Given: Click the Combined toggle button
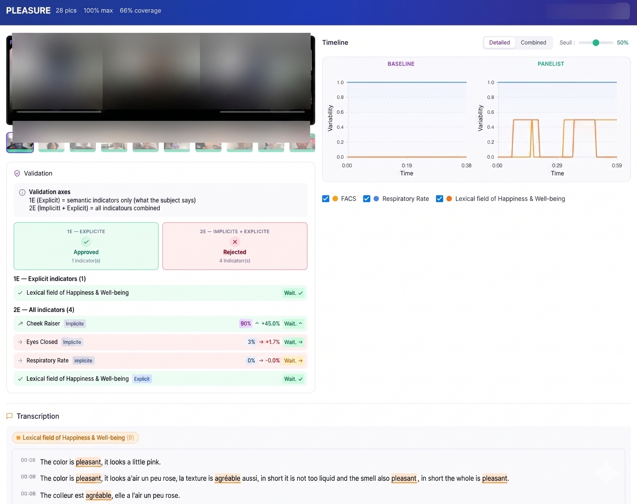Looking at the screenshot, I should pyautogui.click(x=533, y=43).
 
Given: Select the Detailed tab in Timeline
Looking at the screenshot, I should pyautogui.click(x=499, y=43).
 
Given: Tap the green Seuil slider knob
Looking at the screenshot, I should pyautogui.click(x=596, y=43).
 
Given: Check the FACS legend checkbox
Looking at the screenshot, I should pyautogui.click(x=325, y=199).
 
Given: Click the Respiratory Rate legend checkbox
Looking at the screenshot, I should pyautogui.click(x=367, y=199).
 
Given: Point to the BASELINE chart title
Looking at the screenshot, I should pyautogui.click(x=401, y=64).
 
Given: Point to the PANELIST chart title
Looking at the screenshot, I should pyautogui.click(x=551, y=64).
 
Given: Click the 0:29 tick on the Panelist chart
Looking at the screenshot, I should pyautogui.click(x=557, y=165).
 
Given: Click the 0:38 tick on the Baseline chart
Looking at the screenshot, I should pyautogui.click(x=466, y=165).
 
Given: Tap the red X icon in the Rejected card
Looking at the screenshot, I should pyautogui.click(x=235, y=242).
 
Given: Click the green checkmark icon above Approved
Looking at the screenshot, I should pyautogui.click(x=86, y=242).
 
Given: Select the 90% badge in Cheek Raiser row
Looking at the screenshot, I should pyautogui.click(x=246, y=323).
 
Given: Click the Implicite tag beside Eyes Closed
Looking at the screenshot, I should pyautogui.click(x=72, y=342).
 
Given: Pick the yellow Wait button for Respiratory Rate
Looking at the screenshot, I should pyautogui.click(x=293, y=360).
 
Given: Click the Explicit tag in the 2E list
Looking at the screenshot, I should pyautogui.click(x=142, y=379).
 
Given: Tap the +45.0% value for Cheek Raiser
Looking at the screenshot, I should pyautogui.click(x=270, y=323).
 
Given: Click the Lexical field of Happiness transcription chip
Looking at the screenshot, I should pyautogui.click(x=75, y=438).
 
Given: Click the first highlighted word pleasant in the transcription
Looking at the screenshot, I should pyautogui.click(x=88, y=462).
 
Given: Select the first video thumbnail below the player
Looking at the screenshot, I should pyautogui.click(x=20, y=143).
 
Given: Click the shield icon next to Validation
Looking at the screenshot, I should pyautogui.click(x=17, y=173).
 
